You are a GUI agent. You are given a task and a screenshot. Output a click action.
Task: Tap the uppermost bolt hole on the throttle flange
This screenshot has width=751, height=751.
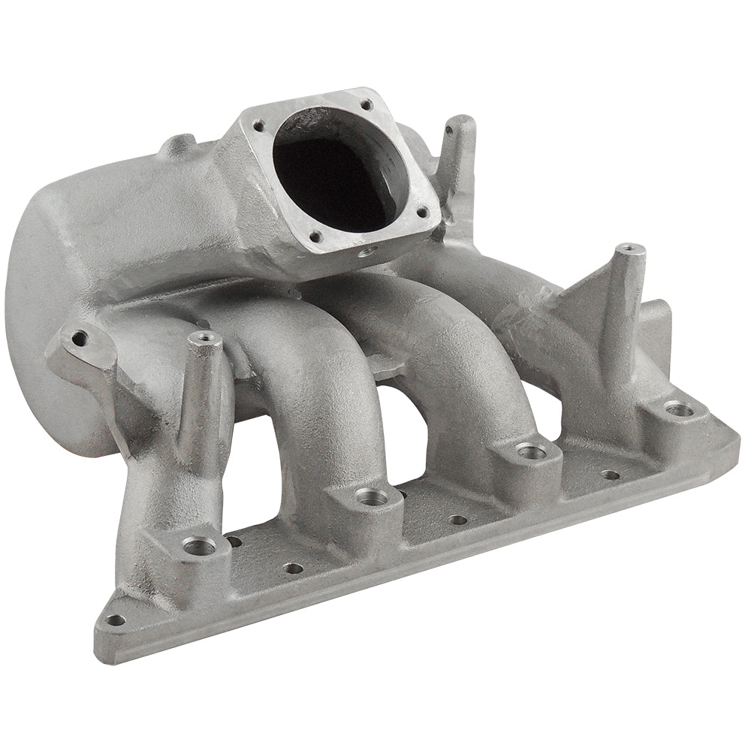click(366, 105)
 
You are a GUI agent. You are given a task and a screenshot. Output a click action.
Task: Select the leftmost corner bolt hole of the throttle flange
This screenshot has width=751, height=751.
click(259, 125)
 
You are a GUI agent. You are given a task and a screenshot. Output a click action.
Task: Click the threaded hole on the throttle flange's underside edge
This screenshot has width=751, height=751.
click(368, 252)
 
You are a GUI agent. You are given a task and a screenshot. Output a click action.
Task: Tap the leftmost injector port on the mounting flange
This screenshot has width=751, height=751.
click(199, 546)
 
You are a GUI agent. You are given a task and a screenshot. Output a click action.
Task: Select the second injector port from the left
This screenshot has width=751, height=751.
click(370, 496)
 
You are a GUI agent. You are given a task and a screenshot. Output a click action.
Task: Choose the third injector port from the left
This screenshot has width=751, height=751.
click(531, 451)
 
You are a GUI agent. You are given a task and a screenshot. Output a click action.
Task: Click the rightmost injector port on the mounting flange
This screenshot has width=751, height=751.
click(678, 409)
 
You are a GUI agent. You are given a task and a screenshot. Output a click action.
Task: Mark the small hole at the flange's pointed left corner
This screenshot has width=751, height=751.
click(115, 620)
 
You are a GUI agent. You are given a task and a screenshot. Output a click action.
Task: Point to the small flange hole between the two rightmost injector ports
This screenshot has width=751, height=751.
click(611, 475)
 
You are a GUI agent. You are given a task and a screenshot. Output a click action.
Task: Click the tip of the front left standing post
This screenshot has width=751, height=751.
click(204, 339)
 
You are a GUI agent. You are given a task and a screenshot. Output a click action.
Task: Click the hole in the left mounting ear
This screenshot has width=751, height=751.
click(79, 338)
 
